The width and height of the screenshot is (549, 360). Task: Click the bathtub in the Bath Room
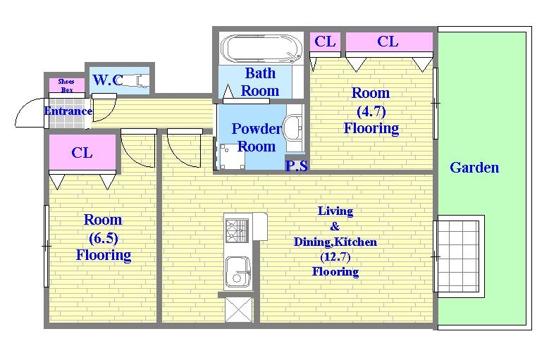261,49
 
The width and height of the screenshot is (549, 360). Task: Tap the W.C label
108,80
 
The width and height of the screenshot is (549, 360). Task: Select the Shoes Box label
66,85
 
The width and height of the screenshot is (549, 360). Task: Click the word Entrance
68,111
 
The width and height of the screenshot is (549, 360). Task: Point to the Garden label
474,168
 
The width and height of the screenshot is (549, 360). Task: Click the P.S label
297,166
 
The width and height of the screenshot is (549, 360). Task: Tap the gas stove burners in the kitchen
237,230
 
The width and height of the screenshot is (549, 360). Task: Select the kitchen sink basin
238,272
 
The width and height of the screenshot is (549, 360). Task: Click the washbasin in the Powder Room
292,128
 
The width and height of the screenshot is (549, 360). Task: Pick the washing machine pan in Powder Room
232,156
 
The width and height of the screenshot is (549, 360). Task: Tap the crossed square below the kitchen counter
239,309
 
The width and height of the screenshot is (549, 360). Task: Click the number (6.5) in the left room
104,238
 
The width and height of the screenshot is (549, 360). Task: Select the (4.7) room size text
371,111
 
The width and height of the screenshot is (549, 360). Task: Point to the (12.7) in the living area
335,257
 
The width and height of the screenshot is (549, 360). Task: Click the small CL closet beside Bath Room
326,42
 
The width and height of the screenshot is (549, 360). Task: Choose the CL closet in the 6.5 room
82,153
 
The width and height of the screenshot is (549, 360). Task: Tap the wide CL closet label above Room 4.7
388,42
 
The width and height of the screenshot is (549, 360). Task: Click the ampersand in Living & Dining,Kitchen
335,227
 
